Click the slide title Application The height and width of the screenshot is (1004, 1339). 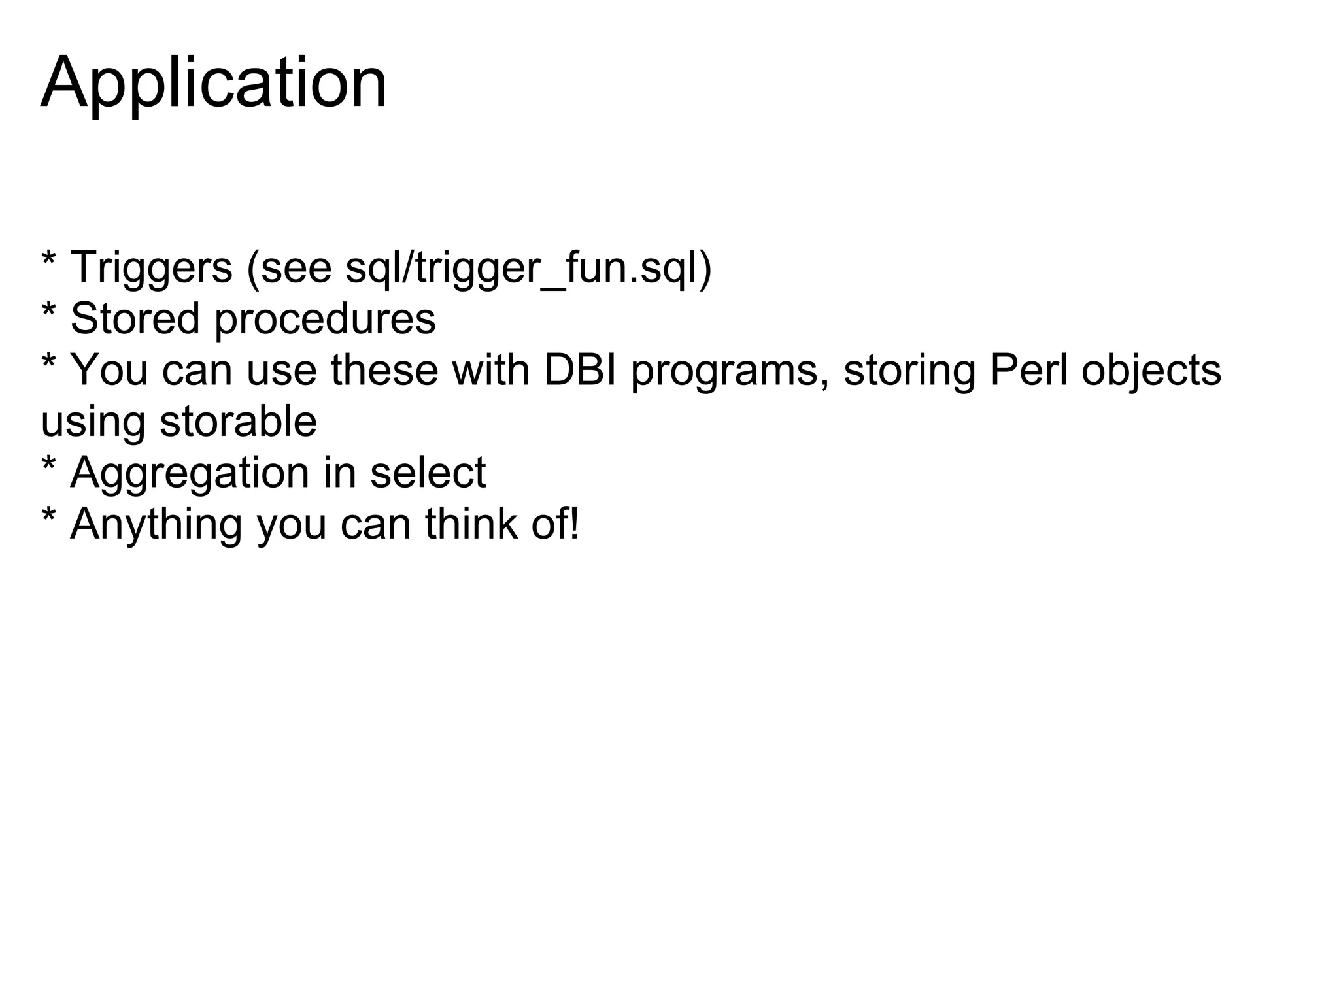(x=214, y=84)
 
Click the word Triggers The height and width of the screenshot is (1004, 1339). (x=151, y=267)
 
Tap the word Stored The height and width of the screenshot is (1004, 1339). (x=135, y=319)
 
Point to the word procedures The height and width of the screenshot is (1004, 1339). (x=325, y=320)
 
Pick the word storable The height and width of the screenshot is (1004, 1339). (x=238, y=421)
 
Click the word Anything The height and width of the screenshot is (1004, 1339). (x=156, y=526)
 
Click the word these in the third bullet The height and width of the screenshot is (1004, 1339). (x=384, y=370)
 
